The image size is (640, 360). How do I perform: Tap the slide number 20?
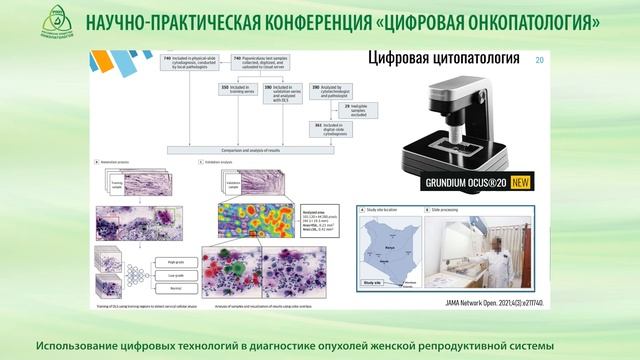(x=541, y=62)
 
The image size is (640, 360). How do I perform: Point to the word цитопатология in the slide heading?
(x=484, y=59)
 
